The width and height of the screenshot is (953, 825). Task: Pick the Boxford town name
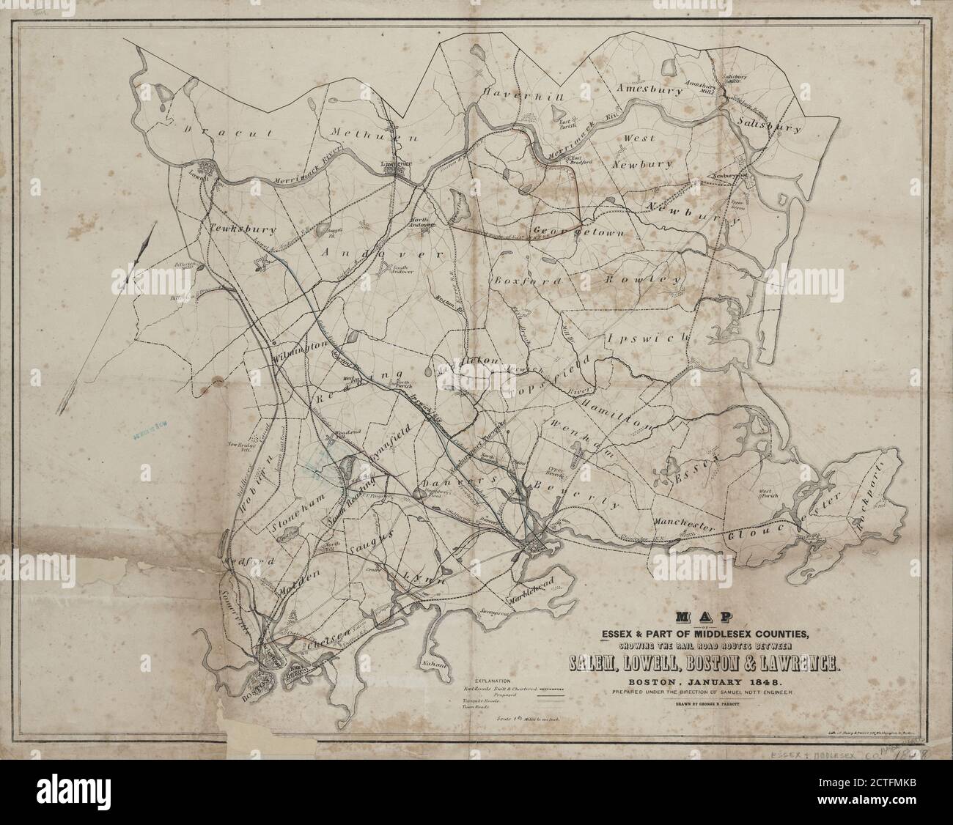[x=528, y=280]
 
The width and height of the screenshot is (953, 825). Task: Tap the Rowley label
[x=644, y=279]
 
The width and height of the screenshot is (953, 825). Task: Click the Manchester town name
[x=682, y=528]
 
